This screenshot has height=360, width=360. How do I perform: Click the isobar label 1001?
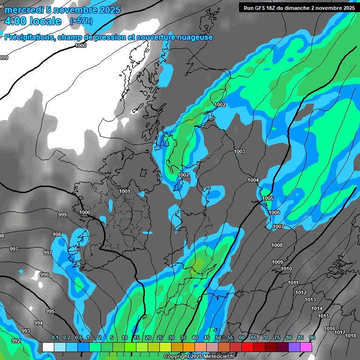click(124, 191)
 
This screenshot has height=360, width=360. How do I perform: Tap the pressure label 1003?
click(240, 151)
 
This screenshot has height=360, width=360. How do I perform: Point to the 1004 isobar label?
click(253, 180)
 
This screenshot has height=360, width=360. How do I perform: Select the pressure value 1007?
click(278, 226)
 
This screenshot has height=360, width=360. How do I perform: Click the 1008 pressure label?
click(277, 245)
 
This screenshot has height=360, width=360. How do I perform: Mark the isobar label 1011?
click(293, 283)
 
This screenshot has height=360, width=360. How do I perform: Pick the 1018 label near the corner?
click(351, 336)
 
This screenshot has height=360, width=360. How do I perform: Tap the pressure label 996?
click(45, 275)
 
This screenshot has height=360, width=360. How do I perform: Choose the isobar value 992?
click(15, 341)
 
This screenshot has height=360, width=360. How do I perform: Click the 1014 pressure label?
click(317, 308)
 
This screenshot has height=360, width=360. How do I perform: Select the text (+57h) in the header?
click(81, 21)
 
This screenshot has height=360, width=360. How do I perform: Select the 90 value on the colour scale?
click(312, 337)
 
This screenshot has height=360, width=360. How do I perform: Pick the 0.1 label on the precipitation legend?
click(54, 337)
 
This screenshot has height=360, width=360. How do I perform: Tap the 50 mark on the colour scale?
click(218, 337)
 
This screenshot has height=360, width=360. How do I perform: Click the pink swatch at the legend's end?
click(306, 347)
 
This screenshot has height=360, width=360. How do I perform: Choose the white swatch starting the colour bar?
click(48, 347)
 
